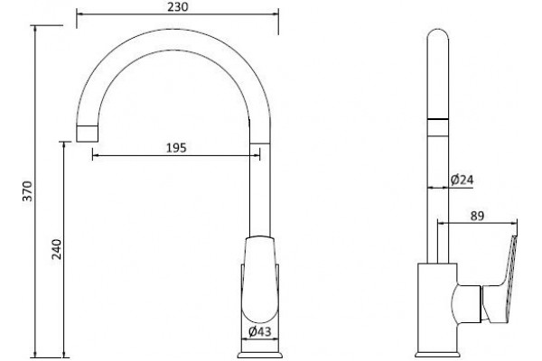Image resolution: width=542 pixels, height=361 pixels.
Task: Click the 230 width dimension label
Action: click(178, 6)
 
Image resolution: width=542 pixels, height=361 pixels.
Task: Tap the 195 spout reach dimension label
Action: click(176, 148)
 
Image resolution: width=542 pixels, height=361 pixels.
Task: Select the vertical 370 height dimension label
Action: click(27, 190)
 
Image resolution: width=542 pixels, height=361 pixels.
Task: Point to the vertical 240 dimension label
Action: click(56, 249)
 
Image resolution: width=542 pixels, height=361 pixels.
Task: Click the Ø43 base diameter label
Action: click(260, 331)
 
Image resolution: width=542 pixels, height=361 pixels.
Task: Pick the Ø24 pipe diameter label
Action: click(462, 180)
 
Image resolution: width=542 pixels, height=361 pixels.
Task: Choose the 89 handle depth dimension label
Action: click(477, 217)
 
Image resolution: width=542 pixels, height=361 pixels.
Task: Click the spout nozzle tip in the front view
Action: click(87, 134)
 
